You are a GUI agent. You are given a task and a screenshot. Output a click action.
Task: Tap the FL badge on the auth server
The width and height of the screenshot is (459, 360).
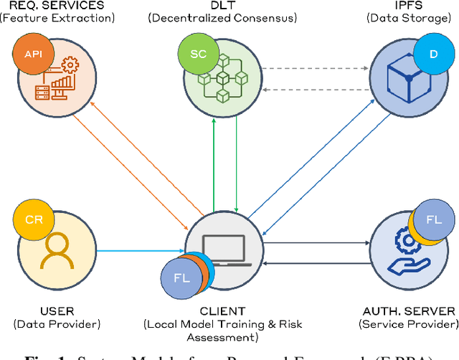coord(432,219)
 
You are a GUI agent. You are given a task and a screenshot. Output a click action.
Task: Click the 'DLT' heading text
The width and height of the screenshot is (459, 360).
coord(222,5)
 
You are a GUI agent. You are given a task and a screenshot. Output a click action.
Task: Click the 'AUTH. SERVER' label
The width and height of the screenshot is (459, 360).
coord(410,311)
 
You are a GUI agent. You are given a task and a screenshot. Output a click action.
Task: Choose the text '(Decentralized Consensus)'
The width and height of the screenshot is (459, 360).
coord(222,18)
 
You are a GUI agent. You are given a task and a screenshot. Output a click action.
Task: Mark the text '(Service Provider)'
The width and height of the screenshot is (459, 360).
coord(410,324)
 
